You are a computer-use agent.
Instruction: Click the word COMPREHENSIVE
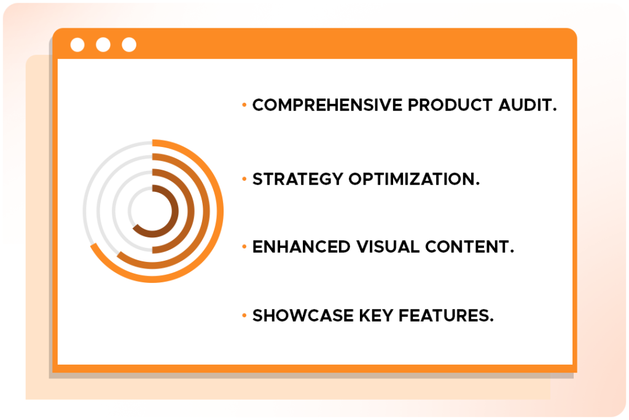tap(327, 105)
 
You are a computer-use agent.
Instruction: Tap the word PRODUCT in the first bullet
tap(450, 105)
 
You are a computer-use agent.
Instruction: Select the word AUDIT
tap(528, 105)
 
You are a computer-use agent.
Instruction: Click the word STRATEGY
tap(298, 179)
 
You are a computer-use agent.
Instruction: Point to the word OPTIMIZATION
tap(414, 179)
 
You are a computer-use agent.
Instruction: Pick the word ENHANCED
tap(301, 247)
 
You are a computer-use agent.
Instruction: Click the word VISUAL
tap(388, 247)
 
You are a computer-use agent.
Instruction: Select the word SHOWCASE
tap(303, 315)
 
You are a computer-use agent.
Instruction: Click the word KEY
tap(376, 315)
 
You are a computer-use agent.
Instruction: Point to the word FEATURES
tap(446, 315)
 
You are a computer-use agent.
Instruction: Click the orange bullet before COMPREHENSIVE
tap(244, 105)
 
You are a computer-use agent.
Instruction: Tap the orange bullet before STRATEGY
tap(244, 179)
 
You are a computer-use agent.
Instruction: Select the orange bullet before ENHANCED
tap(244, 247)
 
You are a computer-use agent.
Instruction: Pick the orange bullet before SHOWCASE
tap(244, 315)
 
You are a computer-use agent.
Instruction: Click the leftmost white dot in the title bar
tap(77, 44)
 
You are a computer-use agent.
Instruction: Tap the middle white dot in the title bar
tap(103, 44)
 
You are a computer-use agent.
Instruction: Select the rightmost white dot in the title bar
tap(129, 44)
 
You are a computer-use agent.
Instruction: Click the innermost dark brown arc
tap(175, 211)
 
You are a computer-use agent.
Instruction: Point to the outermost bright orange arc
tap(219, 211)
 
